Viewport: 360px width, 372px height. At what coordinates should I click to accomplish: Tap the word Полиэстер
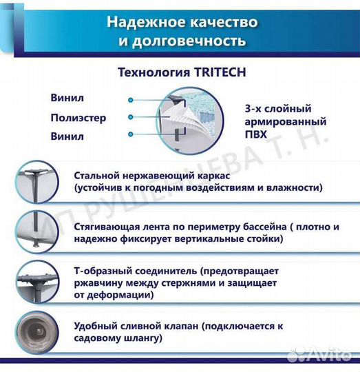(78, 117)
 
